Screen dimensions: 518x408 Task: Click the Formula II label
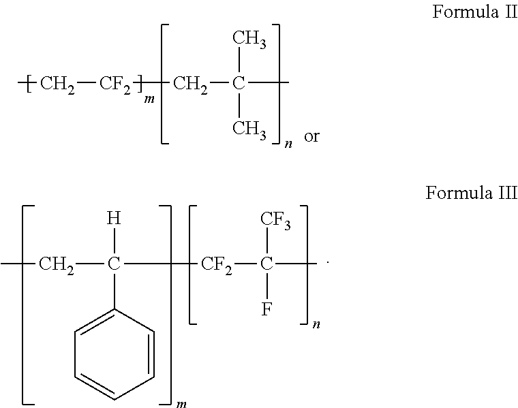tap(475, 12)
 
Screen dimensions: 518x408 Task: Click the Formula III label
tap(471, 193)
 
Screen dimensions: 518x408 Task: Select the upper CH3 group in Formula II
tap(249, 40)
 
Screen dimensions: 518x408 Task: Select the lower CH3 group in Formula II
tap(249, 129)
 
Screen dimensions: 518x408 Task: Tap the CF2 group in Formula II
tap(115, 84)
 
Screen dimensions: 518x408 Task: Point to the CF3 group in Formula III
tap(275, 220)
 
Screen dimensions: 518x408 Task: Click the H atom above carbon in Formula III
tap(114, 218)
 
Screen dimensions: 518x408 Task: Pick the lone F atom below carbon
tap(266, 309)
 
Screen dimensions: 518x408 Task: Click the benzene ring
tap(115, 354)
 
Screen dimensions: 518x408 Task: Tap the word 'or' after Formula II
tap(311, 136)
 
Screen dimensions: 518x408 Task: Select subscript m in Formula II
tap(149, 99)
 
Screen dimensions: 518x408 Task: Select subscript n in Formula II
tap(288, 144)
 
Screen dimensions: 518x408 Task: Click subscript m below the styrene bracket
tap(181, 404)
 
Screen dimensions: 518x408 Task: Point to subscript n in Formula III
tap(316, 324)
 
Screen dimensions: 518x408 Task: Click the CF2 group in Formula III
tap(216, 266)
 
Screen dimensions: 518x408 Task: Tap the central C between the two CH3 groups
tap(239, 82)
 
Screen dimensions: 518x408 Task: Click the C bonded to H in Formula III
tap(114, 264)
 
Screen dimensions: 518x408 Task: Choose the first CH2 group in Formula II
tap(57, 84)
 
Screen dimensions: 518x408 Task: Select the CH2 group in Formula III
tap(57, 266)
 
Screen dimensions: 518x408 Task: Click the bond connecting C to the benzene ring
tap(115, 290)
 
